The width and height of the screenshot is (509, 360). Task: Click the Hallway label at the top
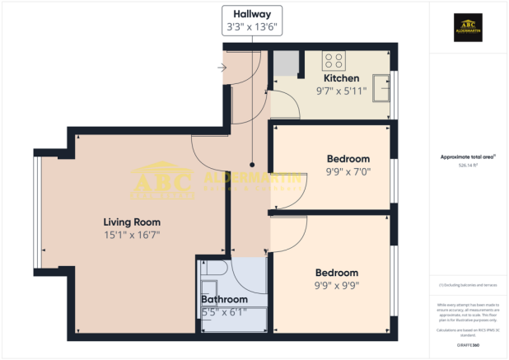click(x=252, y=13)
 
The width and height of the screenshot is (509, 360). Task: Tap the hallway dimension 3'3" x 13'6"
click(x=252, y=27)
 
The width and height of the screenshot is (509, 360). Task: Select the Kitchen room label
click(x=341, y=78)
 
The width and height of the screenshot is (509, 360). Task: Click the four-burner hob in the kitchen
click(x=334, y=59)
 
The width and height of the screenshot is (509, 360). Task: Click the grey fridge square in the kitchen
click(x=287, y=63)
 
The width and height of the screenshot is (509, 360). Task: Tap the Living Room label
click(x=132, y=222)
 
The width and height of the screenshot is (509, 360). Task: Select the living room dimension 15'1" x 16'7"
click(x=132, y=235)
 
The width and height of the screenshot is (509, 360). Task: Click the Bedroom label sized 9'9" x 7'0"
click(x=348, y=158)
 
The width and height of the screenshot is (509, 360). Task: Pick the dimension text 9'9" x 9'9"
click(x=336, y=286)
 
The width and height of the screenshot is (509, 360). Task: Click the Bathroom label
click(x=224, y=299)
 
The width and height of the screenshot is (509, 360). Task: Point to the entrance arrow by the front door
click(x=222, y=68)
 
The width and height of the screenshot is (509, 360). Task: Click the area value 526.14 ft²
click(x=467, y=166)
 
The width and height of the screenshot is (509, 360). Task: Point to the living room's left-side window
click(x=36, y=212)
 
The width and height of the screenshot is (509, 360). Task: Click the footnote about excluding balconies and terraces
click(x=467, y=285)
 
